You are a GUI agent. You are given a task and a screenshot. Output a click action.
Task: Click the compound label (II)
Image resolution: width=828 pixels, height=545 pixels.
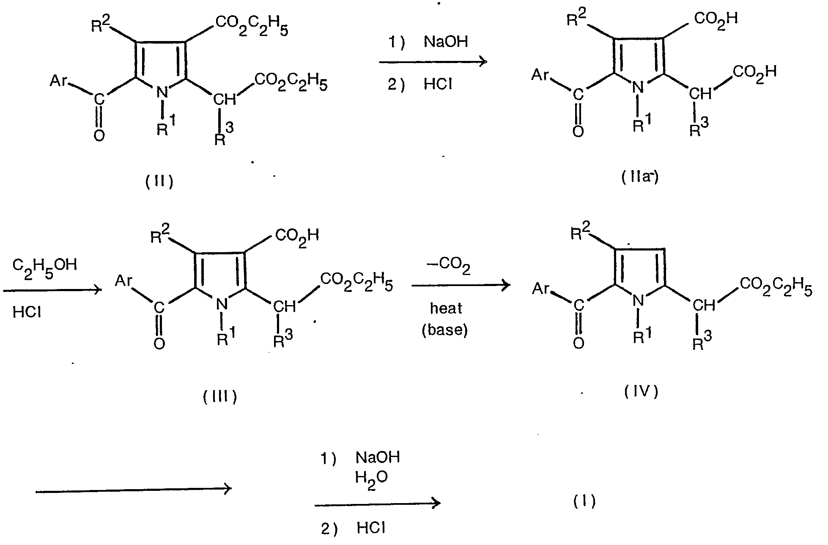(x=159, y=182)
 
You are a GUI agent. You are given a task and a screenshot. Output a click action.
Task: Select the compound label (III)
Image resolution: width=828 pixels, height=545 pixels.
(x=220, y=397)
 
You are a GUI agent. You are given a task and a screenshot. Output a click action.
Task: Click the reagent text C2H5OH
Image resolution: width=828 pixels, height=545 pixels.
(x=45, y=267)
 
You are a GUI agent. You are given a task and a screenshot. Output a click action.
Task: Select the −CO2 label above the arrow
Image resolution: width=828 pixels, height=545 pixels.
(x=450, y=267)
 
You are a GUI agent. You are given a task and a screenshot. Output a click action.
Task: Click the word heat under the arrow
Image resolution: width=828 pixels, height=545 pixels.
(x=446, y=308)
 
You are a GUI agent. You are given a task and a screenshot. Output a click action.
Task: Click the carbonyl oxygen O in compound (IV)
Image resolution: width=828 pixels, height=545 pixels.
(x=578, y=342)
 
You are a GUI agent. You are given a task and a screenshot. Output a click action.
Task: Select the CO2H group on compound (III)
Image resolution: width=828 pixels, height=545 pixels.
(x=297, y=235)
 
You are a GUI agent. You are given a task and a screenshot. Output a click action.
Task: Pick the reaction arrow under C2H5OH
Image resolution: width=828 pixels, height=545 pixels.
(x=52, y=290)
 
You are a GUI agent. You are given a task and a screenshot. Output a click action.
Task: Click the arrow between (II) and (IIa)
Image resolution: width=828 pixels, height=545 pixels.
(x=433, y=62)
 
